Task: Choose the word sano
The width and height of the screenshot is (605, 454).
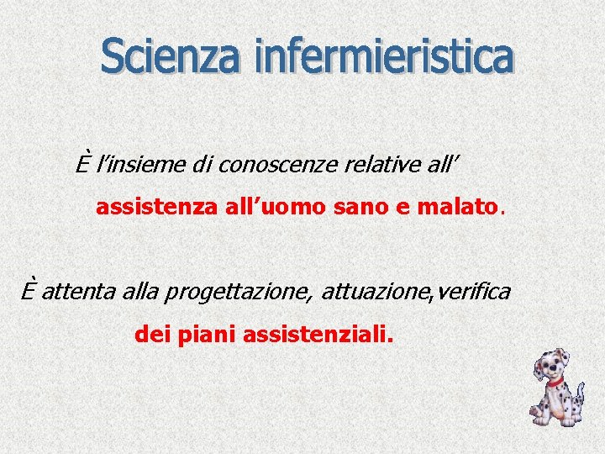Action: click(342, 208)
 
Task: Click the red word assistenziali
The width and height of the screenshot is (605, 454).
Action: click(317, 335)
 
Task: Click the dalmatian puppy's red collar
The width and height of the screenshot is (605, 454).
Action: click(555, 382)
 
